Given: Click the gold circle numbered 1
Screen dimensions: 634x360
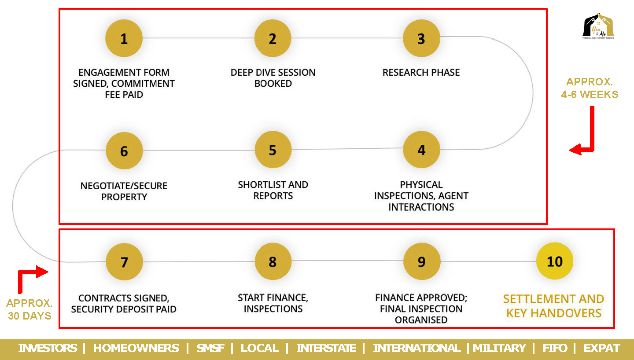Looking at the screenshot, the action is (124, 38).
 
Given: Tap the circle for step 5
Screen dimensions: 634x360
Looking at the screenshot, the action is (273, 150).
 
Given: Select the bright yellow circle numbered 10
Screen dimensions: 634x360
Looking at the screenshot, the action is (555, 261).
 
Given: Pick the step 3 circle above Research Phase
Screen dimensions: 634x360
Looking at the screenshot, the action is (421, 38).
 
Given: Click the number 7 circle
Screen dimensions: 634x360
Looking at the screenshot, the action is (124, 262).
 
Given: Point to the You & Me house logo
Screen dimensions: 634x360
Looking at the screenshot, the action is (598, 26).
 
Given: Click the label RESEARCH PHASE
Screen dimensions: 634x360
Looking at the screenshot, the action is (421, 73).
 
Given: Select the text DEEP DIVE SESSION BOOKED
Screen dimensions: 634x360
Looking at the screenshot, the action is (273, 78).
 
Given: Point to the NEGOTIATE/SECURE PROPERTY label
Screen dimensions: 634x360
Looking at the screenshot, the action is (124, 191).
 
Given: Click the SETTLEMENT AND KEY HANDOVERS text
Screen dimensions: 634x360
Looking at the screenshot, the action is (553, 306).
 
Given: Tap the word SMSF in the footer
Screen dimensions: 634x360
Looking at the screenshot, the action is (210, 348).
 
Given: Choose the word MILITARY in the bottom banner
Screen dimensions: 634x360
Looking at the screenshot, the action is (499, 348).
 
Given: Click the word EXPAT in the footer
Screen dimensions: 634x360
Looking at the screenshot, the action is (602, 348).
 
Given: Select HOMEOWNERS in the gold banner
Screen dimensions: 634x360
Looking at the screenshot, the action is (136, 348).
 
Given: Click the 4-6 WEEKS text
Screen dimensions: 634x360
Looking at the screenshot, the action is (590, 95).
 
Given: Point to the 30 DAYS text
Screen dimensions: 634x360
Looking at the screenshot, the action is (29, 316).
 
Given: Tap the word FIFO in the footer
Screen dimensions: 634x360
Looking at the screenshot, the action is (555, 348).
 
